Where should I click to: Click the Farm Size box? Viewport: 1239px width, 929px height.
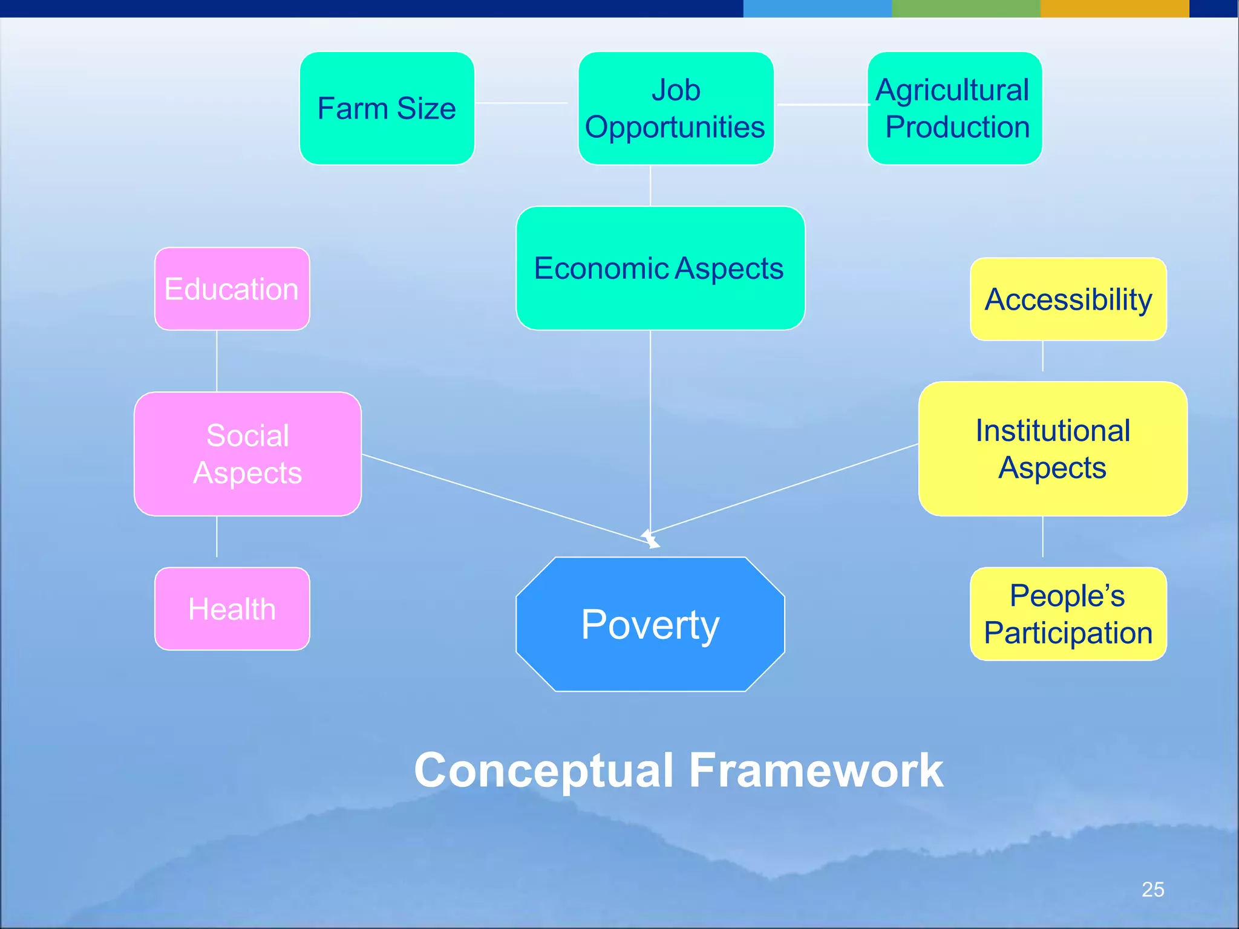[387, 108]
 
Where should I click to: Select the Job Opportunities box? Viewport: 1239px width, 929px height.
[676, 108]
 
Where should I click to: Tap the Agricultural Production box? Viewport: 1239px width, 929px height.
[954, 108]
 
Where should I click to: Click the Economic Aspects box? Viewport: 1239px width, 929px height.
[660, 268]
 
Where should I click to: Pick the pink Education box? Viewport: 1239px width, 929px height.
[232, 288]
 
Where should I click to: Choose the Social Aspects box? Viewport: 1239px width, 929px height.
[247, 454]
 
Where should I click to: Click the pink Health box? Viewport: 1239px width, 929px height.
[232, 608]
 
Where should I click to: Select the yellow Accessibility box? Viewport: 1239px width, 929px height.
[1068, 299]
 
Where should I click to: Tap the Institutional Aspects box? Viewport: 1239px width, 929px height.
[1052, 448]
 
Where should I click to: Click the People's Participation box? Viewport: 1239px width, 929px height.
[1068, 613]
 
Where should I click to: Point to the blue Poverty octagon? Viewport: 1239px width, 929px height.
[650, 624]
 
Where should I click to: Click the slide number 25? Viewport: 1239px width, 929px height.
[1152, 889]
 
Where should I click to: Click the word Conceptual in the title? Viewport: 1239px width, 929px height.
[543, 771]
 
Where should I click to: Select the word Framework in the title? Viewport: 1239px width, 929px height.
[816, 771]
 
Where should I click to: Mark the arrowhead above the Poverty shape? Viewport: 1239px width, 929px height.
[650, 539]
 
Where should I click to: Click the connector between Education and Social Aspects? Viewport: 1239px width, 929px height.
[217, 361]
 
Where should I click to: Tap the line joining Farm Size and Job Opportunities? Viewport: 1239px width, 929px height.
[521, 103]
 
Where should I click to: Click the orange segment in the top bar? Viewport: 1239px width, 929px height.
[1114, 8]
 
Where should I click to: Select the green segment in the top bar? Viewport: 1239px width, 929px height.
[966, 8]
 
